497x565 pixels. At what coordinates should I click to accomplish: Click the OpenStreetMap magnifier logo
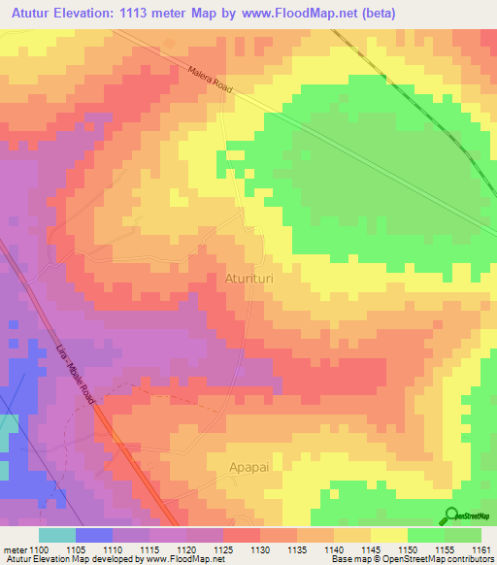(x=452, y=515)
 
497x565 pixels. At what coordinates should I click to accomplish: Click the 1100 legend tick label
(x=38, y=549)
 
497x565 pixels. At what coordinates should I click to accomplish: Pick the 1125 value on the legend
(x=223, y=549)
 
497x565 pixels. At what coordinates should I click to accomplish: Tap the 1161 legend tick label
(x=482, y=549)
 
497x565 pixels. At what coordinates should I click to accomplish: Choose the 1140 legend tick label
(x=334, y=549)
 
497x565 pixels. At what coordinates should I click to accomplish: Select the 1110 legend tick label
(x=113, y=549)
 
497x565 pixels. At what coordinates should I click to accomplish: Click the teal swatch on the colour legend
(x=56, y=535)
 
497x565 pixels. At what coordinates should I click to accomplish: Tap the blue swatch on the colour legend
(x=93, y=535)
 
